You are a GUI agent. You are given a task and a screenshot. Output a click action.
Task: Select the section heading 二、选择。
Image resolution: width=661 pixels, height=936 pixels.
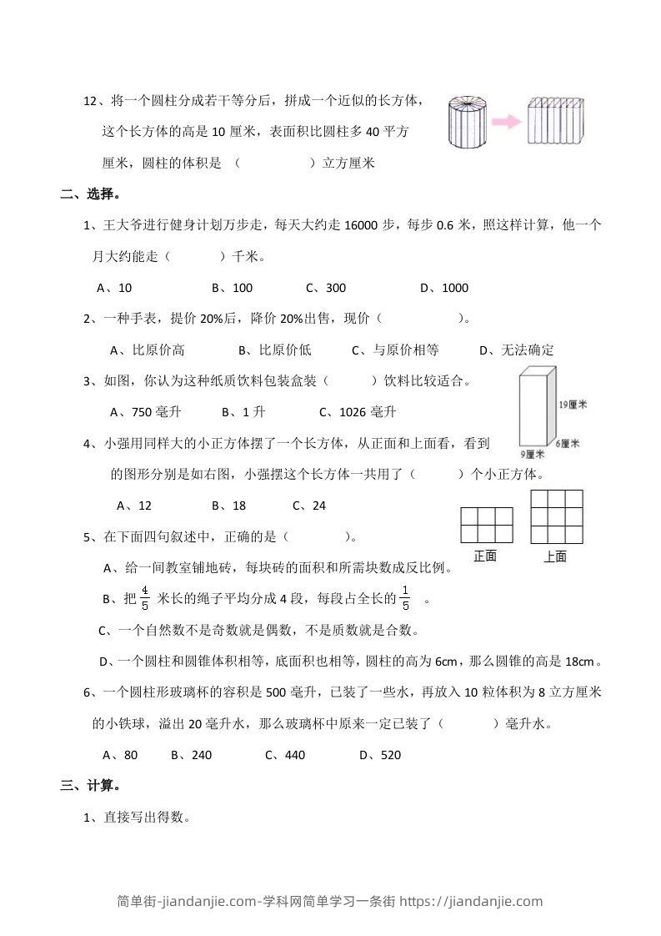pos(91,195)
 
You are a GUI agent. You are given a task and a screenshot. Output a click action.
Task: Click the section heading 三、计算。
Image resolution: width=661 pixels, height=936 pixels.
pos(91,785)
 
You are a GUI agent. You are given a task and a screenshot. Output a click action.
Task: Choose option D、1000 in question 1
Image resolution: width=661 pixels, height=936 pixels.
pos(444,288)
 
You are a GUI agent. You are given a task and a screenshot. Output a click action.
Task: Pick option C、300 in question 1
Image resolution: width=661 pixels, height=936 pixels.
pos(326,288)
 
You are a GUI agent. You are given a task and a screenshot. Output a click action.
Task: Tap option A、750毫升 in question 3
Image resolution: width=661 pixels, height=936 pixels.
pos(145,412)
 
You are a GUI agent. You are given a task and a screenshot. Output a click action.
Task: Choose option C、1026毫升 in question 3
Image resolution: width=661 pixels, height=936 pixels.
pos(358,412)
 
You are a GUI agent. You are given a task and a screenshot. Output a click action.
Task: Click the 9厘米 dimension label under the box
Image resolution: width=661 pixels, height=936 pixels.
pos(533,455)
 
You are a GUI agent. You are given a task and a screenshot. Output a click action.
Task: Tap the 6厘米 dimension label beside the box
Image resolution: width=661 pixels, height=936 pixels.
pos(568,444)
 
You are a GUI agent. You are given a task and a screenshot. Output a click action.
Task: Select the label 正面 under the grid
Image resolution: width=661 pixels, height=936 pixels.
pos(485,556)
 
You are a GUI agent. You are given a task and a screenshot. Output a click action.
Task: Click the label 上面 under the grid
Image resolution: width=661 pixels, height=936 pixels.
pos(555,556)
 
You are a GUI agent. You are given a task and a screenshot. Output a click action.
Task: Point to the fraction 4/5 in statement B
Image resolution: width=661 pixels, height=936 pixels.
pos(144,598)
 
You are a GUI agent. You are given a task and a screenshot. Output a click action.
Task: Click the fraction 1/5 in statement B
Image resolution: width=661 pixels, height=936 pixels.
pos(406,598)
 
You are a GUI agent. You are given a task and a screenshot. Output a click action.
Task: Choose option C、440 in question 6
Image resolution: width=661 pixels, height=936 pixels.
pos(285,755)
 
